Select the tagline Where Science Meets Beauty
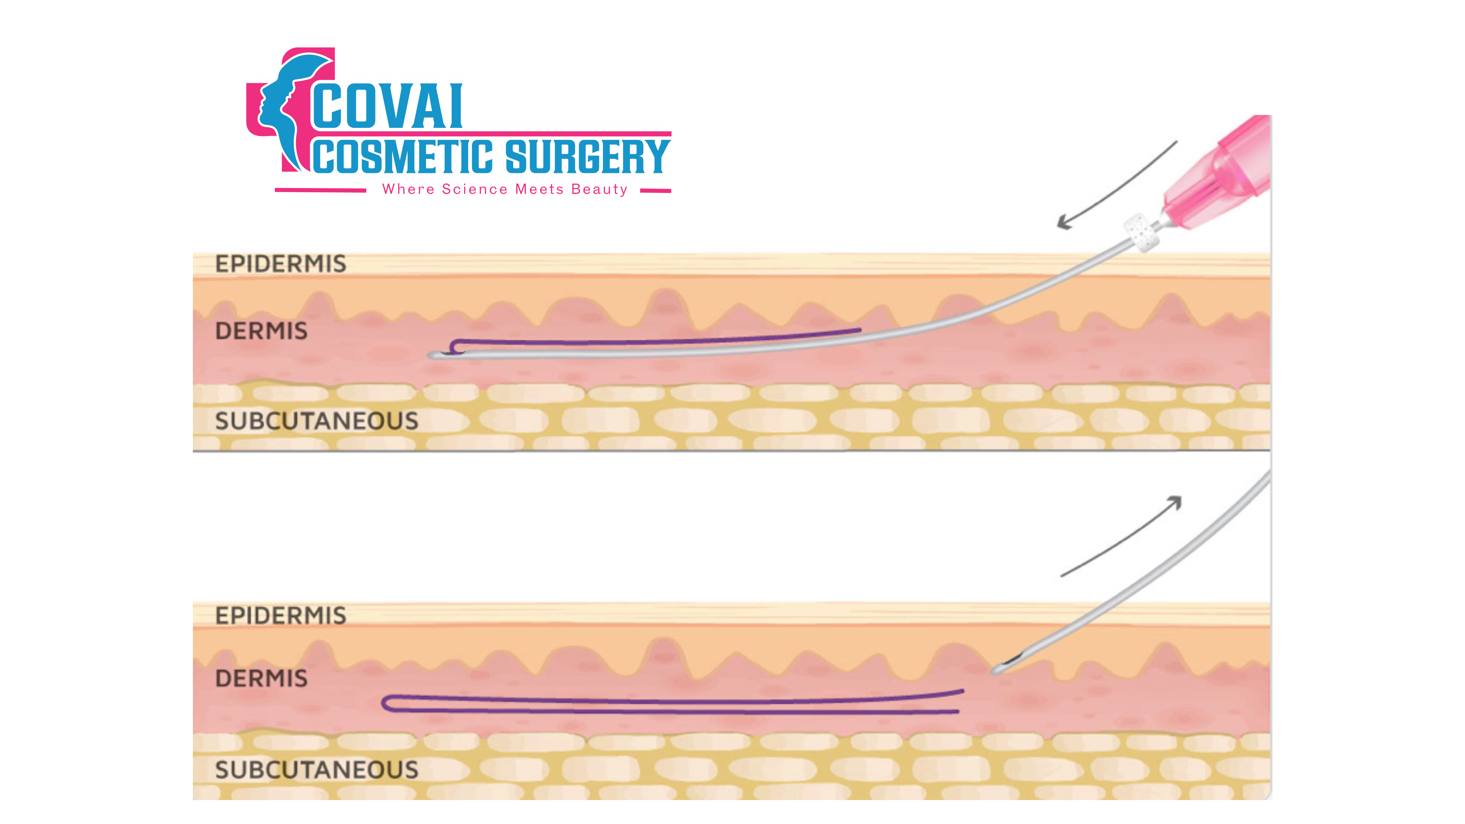point(504,189)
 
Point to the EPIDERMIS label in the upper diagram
point(280,264)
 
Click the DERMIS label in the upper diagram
point(261,331)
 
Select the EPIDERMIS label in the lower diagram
point(280,615)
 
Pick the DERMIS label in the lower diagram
point(261,678)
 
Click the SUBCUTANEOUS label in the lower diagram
point(316,770)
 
